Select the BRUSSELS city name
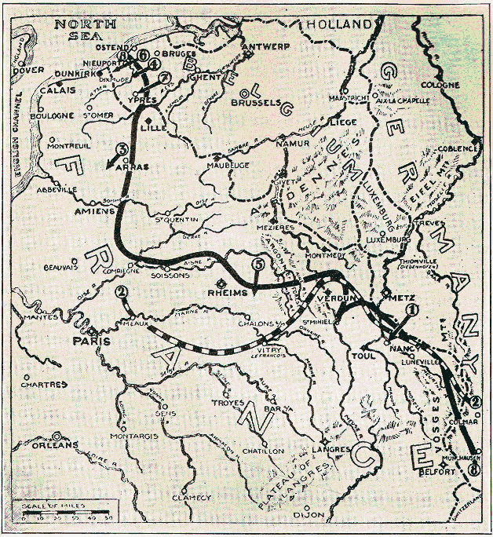click(x=256, y=102)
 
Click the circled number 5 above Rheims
click(x=258, y=265)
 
